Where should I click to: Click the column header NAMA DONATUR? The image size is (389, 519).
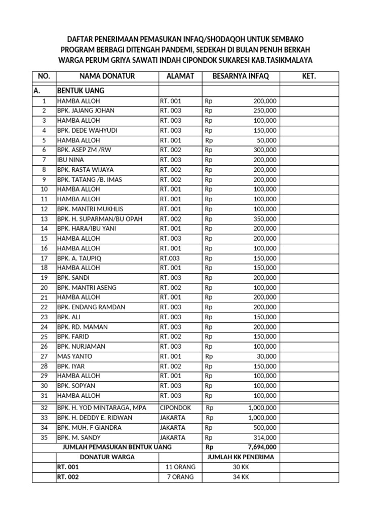[x=106, y=76]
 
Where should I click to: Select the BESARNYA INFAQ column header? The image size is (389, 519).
[x=241, y=76]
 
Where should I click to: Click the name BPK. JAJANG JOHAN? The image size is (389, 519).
[x=86, y=110]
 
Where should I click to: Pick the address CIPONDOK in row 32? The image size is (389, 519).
[x=175, y=407]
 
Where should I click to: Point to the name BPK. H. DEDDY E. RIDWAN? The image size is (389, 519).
[x=95, y=418]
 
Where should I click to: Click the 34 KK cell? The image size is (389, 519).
[x=241, y=477]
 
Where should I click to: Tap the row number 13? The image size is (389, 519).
[x=44, y=219]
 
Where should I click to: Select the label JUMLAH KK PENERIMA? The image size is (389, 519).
[x=241, y=457]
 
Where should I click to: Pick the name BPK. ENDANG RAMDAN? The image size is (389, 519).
[x=91, y=307]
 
